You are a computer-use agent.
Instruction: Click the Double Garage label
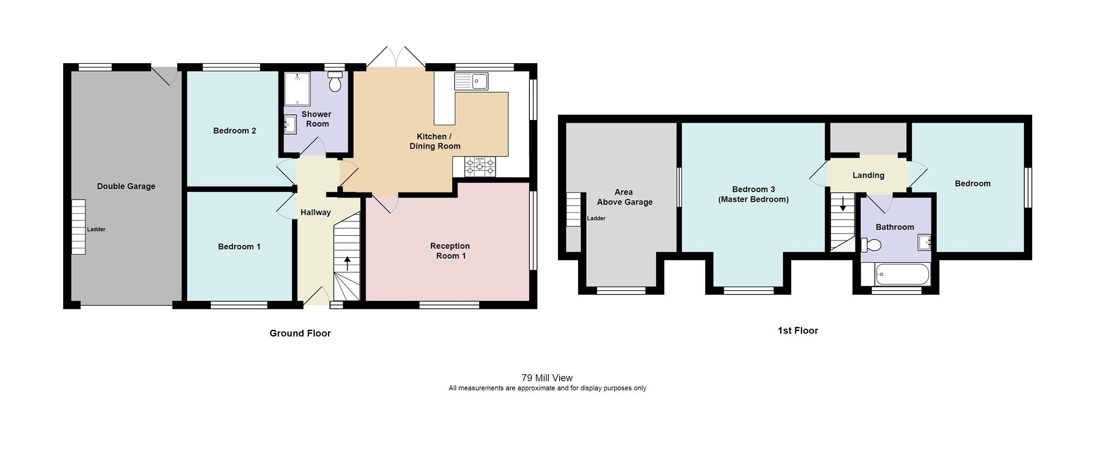pyautogui.click(x=126, y=187)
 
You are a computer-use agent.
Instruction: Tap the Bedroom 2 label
pyautogui.click(x=234, y=131)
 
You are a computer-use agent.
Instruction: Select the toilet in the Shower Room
pyautogui.click(x=335, y=83)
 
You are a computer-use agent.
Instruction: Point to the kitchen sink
pyautogui.click(x=472, y=82)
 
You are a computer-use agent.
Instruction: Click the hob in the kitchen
pyautogui.click(x=480, y=167)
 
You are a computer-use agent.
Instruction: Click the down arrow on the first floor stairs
pyautogui.click(x=842, y=204)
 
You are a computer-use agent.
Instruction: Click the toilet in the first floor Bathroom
pyautogui.click(x=871, y=245)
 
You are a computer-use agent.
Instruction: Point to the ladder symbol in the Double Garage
pyautogui.click(x=79, y=227)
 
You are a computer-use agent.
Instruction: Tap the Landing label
pyautogui.click(x=868, y=175)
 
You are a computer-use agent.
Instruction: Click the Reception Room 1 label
pyautogui.click(x=450, y=251)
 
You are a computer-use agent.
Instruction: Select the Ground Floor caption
pyautogui.click(x=300, y=334)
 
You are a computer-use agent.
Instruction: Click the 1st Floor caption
pyautogui.click(x=798, y=331)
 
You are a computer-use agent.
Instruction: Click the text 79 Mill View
pyautogui.click(x=547, y=378)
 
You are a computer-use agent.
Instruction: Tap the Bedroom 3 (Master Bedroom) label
pyautogui.click(x=753, y=194)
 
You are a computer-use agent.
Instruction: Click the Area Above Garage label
pyautogui.click(x=624, y=197)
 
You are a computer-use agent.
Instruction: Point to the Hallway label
pyautogui.click(x=315, y=212)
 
